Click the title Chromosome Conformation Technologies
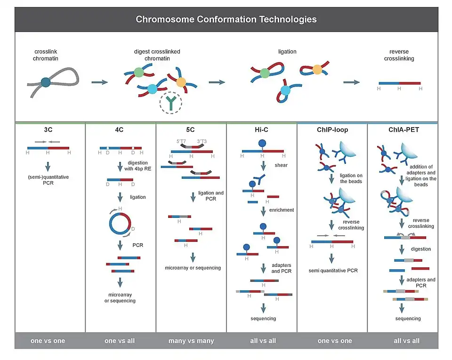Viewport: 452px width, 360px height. click(x=226, y=19)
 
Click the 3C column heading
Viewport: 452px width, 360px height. click(x=50, y=129)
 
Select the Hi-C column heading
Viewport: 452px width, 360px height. click(x=261, y=129)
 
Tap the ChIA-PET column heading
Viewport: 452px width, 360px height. click(x=403, y=129)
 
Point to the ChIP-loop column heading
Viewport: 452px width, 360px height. click(x=332, y=129)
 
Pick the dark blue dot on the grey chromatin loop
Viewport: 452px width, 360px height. click(x=45, y=83)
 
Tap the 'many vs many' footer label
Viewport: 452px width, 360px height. click(x=191, y=341)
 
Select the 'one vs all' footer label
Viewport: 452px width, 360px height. click(x=121, y=341)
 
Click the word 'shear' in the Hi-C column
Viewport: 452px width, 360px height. click(x=282, y=165)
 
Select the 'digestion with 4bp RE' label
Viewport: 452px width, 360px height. click(x=137, y=166)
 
